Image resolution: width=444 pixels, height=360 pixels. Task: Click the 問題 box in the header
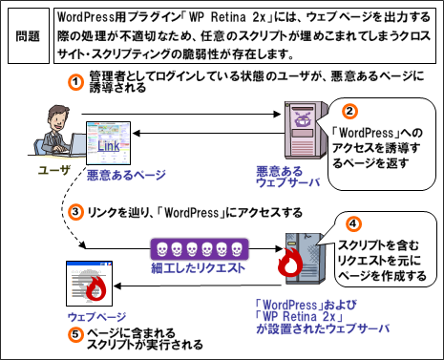coord(29,36)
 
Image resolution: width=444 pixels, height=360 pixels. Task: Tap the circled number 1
coord(75,82)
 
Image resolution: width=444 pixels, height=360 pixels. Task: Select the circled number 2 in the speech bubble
coord(349,111)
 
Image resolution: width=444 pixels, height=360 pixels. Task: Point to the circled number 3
coord(75,212)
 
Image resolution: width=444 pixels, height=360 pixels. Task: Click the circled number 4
coord(353,224)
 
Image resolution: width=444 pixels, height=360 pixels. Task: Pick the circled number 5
coord(75,334)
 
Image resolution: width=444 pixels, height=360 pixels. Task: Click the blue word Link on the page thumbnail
coord(108,146)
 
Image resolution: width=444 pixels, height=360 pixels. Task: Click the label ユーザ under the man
coord(53,171)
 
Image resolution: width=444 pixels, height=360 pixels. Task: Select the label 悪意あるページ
coord(126,175)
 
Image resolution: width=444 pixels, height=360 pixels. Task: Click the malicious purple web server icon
coord(304,130)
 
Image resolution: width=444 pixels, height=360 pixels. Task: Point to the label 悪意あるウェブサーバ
coord(288,177)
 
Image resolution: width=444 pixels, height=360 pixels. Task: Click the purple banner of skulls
coord(200,249)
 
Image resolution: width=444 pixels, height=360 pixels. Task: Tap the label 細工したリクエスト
coord(198,268)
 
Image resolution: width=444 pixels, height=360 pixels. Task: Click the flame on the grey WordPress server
coord(290,263)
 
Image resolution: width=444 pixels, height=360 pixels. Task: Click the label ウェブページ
coord(96,317)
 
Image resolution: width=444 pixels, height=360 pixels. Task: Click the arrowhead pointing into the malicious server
coord(278,114)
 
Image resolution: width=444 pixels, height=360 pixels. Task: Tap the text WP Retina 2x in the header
coord(227,17)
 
